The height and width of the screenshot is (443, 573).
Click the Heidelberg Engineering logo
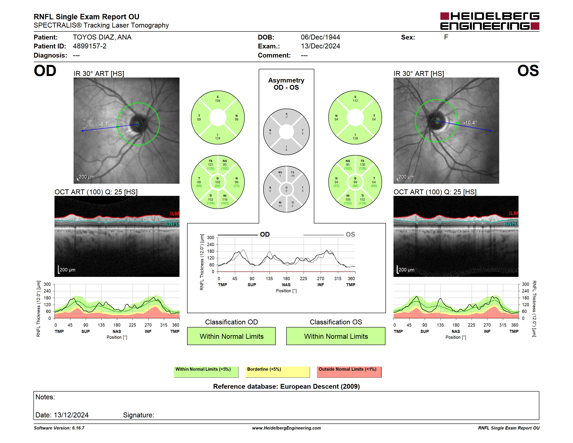point(490,21)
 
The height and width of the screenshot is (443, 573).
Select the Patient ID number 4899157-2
point(89,46)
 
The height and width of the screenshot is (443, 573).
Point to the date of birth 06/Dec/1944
point(320,37)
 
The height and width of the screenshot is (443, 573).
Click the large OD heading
point(45,71)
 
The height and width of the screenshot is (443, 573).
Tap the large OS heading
point(528,71)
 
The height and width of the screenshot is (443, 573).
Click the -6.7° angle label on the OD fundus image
point(104,124)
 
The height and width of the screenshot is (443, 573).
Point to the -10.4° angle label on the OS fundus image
point(470,122)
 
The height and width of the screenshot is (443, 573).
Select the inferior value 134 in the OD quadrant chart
point(217,138)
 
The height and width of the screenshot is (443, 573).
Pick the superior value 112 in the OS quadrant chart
point(355,101)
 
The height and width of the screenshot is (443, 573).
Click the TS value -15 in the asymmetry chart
point(293,176)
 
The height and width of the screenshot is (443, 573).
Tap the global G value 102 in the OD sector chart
point(217,182)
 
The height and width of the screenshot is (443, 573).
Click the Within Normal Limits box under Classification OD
point(231,336)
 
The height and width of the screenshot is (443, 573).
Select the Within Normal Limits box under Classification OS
point(336,336)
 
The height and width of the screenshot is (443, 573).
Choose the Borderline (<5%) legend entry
point(277,372)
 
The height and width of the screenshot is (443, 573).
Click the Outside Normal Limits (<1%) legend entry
point(349,372)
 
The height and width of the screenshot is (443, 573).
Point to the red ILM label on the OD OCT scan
point(175,214)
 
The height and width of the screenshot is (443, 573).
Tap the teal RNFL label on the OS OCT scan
point(511,224)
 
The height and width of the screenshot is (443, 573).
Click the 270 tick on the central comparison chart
point(321,278)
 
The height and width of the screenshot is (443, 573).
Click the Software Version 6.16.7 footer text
point(59,428)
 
